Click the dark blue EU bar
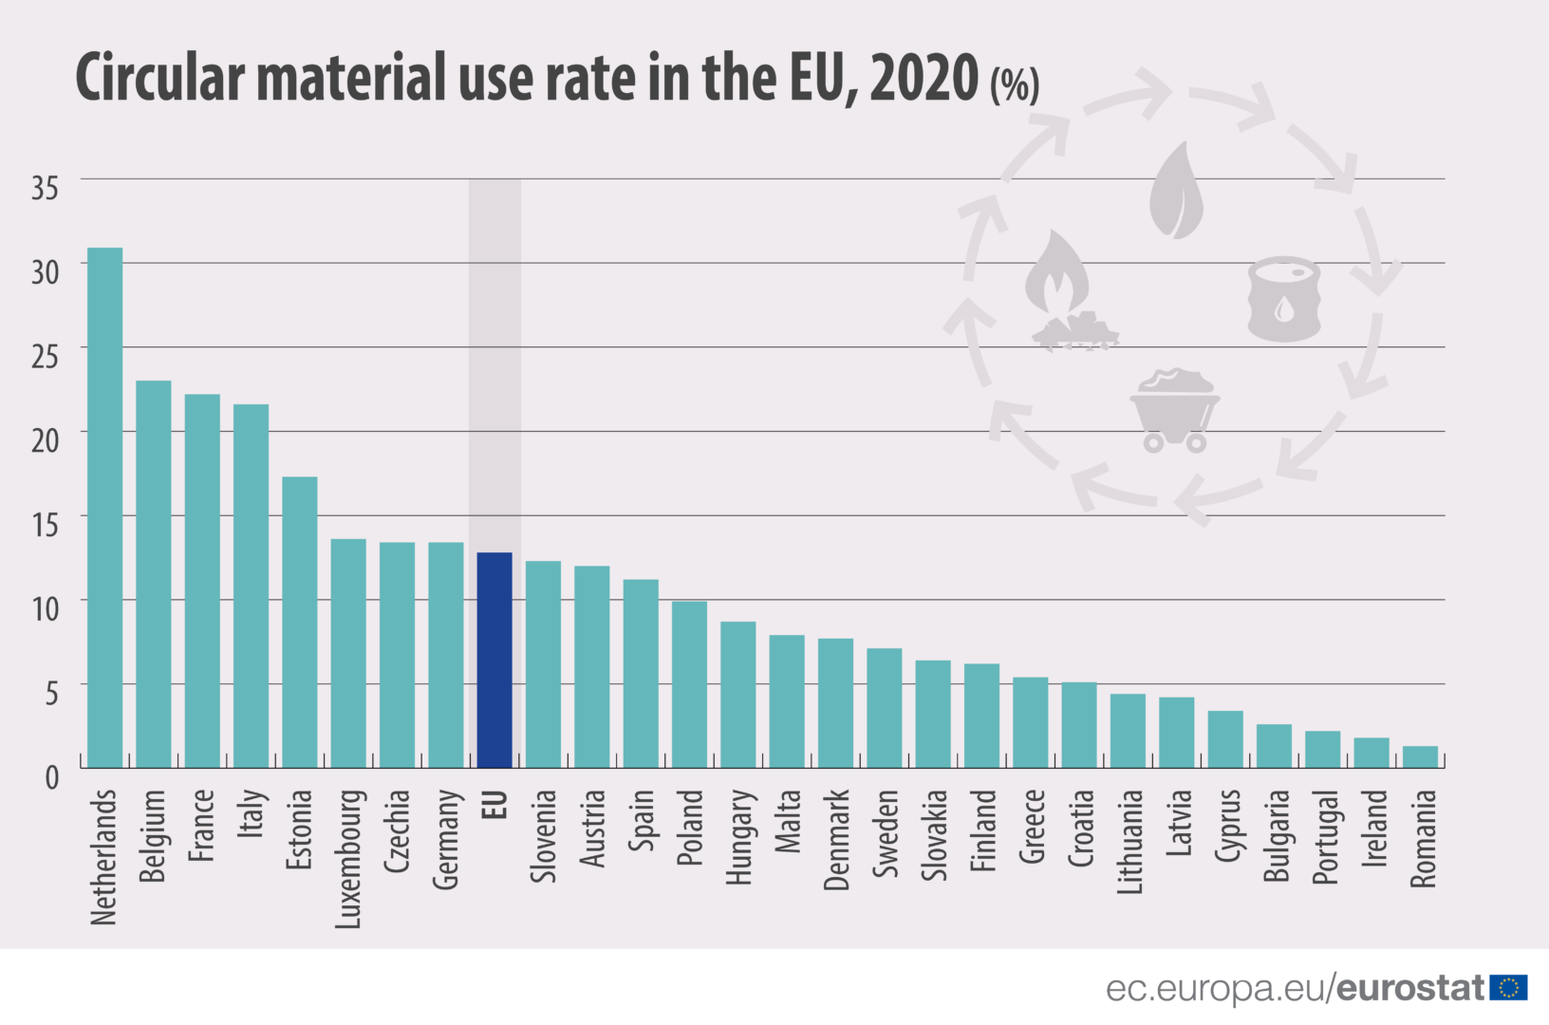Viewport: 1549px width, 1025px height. click(x=495, y=660)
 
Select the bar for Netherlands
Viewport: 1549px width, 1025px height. click(x=104, y=508)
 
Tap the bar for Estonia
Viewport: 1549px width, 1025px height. click(x=300, y=622)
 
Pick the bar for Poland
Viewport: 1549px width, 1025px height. click(x=689, y=684)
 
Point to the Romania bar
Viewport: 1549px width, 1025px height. click(x=1420, y=757)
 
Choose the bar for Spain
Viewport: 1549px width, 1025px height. click(x=641, y=673)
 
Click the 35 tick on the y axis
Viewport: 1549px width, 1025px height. click(x=45, y=188)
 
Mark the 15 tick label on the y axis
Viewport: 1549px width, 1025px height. click(x=45, y=525)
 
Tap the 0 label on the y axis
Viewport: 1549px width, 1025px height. click(x=52, y=777)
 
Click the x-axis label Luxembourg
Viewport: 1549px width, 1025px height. click(x=348, y=858)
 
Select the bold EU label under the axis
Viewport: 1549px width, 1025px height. click(x=495, y=804)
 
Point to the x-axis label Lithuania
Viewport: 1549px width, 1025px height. click(x=1129, y=842)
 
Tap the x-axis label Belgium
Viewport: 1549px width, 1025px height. click(x=153, y=835)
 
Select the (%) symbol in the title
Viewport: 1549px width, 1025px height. click(x=1015, y=85)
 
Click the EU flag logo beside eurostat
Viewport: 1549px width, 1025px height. click(x=1508, y=988)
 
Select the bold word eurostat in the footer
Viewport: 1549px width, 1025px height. click(x=1410, y=988)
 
